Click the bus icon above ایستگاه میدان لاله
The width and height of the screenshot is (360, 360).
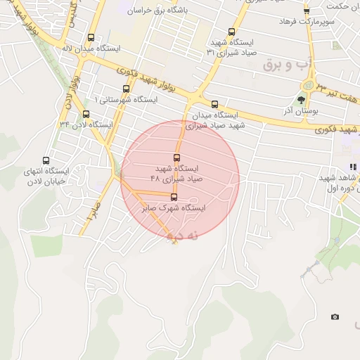tap(91, 37)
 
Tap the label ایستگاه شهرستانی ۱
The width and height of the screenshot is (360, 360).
tap(127, 100)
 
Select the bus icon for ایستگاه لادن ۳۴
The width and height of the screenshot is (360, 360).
tap(86, 114)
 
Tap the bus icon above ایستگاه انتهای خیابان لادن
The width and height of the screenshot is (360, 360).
tap(46, 160)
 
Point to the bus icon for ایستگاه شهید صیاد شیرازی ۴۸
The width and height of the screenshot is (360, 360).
tap(176, 157)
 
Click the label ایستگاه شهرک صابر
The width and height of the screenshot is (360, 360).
tap(174, 208)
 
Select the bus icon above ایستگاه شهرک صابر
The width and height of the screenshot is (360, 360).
tap(174, 198)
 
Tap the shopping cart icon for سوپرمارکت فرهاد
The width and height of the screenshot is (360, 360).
tap(306, 11)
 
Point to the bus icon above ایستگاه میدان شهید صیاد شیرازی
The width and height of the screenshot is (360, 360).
tap(214, 104)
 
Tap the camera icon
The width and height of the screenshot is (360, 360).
tap(335, 317)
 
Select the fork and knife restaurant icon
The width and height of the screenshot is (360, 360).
tap(353, 167)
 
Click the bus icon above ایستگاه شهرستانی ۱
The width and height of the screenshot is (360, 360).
tap(127, 89)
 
